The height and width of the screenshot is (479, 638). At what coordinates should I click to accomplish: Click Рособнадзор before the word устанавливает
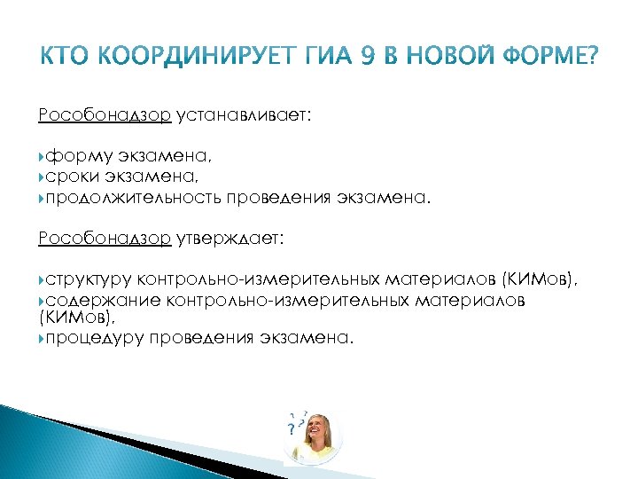(105, 115)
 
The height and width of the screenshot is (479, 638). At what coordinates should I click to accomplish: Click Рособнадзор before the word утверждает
(105, 238)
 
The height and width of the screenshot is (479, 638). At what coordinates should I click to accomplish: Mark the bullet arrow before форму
(42, 156)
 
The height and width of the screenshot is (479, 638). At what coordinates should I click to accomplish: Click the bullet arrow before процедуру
(42, 337)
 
